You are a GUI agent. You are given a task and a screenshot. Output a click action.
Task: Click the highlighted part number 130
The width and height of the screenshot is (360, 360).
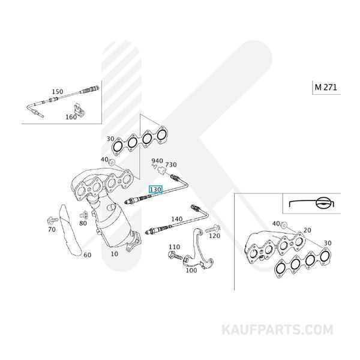pos(156,189)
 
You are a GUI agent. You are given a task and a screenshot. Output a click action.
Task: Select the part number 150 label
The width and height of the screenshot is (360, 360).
pos(58,92)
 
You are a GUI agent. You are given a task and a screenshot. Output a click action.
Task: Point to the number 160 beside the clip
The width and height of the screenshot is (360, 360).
pos(71,117)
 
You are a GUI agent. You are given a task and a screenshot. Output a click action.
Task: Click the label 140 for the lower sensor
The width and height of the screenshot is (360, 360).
pos(176,220)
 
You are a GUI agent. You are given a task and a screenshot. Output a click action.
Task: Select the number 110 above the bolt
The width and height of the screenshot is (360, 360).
pos(174,247)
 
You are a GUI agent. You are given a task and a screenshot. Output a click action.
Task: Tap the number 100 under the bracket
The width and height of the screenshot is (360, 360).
pos(191,271)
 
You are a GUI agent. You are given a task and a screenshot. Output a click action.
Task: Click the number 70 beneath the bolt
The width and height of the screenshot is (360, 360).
pos(51,229)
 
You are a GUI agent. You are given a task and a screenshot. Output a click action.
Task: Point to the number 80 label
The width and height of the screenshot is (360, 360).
pos(83,224)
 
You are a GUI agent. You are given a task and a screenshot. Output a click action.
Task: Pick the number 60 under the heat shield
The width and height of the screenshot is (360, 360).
pos(87,255)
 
